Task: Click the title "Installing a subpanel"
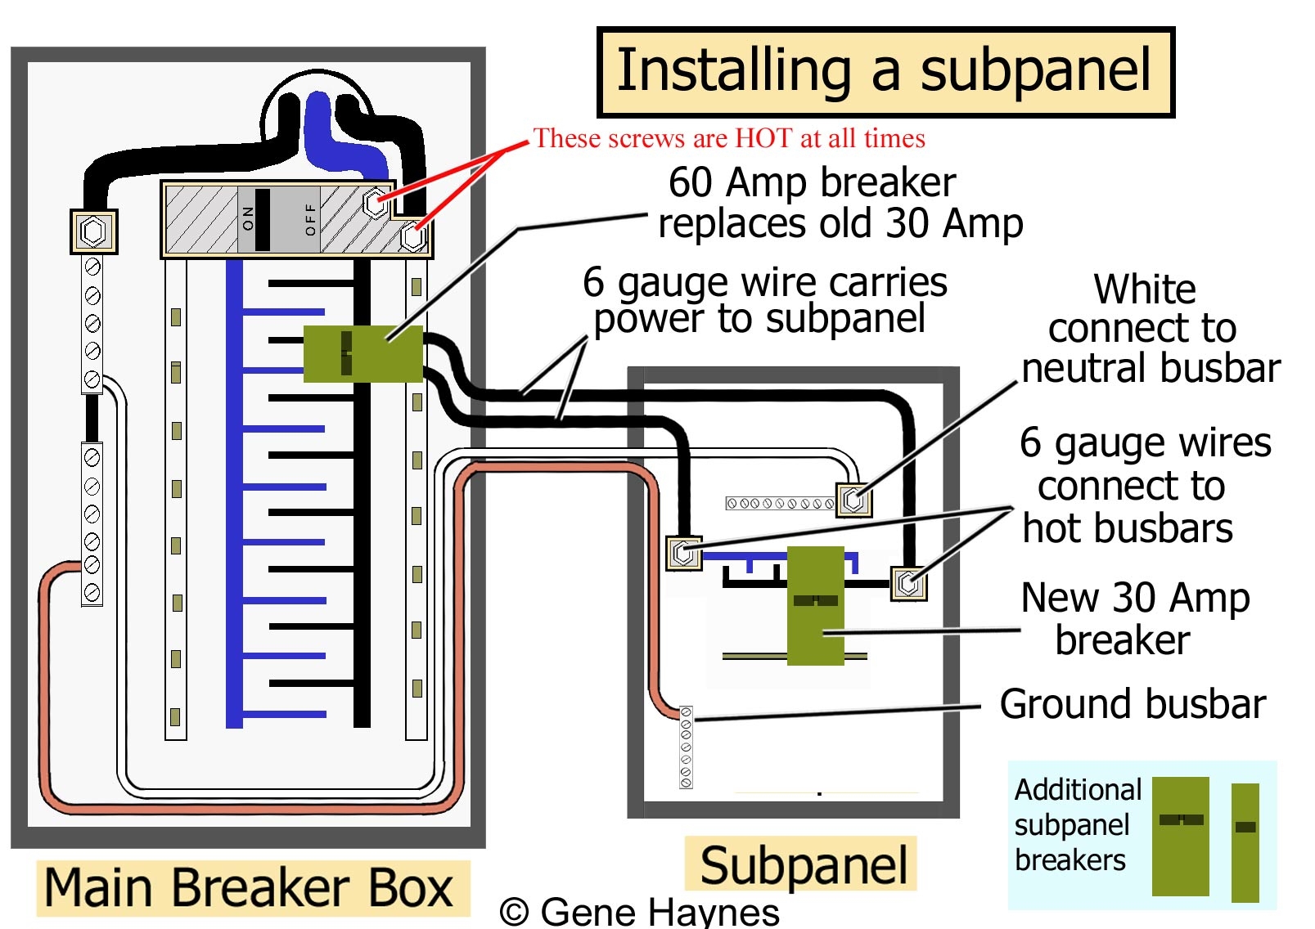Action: point(885,71)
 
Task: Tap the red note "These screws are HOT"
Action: point(728,138)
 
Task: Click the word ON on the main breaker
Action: point(248,218)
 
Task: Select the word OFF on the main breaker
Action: point(309,219)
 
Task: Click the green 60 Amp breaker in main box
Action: point(363,354)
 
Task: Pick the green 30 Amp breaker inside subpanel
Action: point(815,605)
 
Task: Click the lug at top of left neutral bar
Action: point(93,231)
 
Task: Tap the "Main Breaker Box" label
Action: point(248,888)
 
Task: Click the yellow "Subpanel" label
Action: point(803,865)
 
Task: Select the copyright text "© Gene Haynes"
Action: point(639,912)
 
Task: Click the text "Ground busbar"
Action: point(1132,704)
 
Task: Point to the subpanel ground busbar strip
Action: point(686,747)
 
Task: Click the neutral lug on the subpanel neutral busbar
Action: point(853,499)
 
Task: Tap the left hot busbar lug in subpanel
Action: point(683,554)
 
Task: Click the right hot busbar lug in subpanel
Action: point(908,584)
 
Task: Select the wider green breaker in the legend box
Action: point(1180,836)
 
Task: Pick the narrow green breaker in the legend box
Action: point(1245,842)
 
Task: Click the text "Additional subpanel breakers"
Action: point(1075,825)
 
